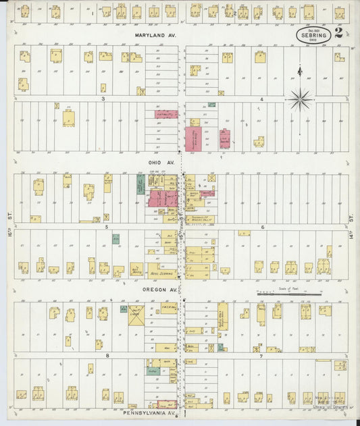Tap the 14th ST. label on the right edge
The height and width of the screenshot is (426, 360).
pyautogui.click(x=352, y=217)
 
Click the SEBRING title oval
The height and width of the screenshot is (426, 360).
pyautogui.click(x=313, y=36)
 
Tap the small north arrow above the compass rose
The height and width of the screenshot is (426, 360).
pyautogui.click(x=300, y=70)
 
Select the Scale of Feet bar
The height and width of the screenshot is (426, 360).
pyautogui.click(x=289, y=294)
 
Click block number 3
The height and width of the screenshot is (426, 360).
pyautogui.click(x=103, y=99)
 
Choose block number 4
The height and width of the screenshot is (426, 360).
pyautogui.click(x=261, y=99)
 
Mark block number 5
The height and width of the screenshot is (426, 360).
pyautogui.click(x=106, y=227)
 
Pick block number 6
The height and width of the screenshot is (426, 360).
pyautogui.click(x=262, y=227)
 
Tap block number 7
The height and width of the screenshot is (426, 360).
pyautogui.click(x=262, y=354)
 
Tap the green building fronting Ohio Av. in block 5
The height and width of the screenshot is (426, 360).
pyautogui.click(x=140, y=185)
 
